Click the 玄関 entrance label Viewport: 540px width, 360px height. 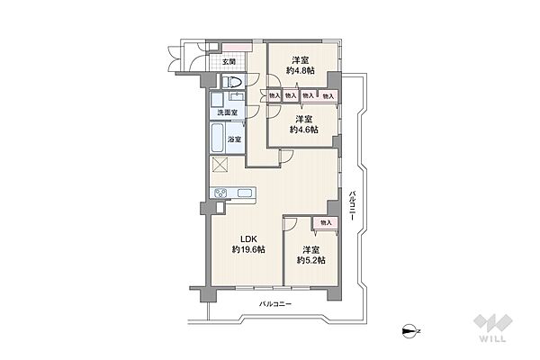click(229, 62)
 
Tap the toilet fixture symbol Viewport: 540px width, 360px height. click(231, 82)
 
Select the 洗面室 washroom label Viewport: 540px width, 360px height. click(228, 112)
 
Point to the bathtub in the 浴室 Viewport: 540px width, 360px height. click(217, 138)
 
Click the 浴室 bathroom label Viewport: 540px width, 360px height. click(235, 139)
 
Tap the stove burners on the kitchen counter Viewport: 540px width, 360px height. click(220, 193)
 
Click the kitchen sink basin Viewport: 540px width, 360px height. click(244, 193)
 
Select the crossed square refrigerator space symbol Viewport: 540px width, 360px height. click(220, 164)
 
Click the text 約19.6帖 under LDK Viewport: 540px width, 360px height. click(248, 250)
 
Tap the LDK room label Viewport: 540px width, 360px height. click(248, 239)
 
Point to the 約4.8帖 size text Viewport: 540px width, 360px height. click(301, 71)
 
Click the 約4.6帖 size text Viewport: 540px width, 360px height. click(304, 130)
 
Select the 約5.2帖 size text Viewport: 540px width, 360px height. click(311, 260)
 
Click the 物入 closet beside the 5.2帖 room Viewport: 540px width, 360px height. click(326, 223)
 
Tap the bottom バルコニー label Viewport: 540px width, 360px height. click(275, 304)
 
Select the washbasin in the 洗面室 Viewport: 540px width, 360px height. click(237, 96)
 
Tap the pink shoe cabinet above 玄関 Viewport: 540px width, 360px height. click(235, 47)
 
